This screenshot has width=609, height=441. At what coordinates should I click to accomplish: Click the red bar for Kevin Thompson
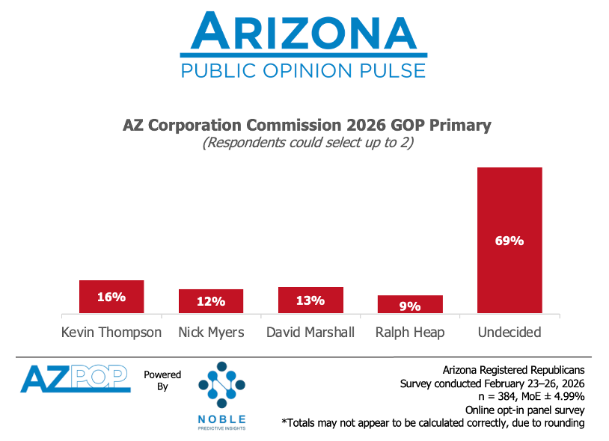[x=111, y=297]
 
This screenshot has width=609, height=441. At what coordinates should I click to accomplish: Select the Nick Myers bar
[x=211, y=301]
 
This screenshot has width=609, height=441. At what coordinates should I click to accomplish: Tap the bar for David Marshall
[x=310, y=300]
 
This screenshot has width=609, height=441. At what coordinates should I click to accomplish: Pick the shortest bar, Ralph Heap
[x=410, y=304]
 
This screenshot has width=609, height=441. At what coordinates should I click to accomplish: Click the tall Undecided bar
[x=509, y=240]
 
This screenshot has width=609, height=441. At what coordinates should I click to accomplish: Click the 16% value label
[x=111, y=297]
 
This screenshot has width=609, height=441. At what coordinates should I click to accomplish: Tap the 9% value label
[x=410, y=305]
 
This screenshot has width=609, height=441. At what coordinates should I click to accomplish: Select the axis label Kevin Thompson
[x=111, y=332]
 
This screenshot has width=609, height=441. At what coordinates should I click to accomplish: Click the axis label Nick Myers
[x=211, y=332]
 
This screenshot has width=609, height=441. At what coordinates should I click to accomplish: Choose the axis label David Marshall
[x=310, y=332]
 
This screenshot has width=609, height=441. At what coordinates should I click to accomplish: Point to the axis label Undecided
[x=509, y=332]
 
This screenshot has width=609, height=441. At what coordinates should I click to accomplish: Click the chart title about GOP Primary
[x=307, y=125]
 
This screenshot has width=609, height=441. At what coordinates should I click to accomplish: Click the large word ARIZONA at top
[x=303, y=32]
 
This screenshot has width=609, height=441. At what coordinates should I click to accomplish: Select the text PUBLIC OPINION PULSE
[x=303, y=71]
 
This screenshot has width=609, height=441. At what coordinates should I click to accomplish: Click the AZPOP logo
[x=76, y=378]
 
